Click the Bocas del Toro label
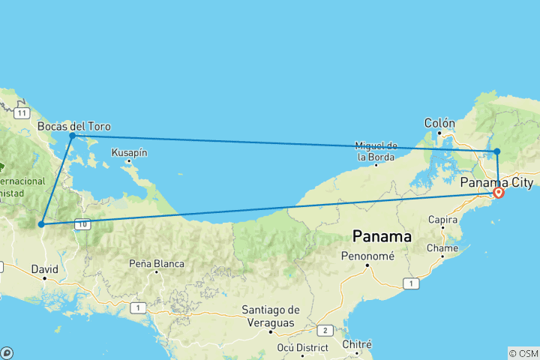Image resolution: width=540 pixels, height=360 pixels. [73, 126]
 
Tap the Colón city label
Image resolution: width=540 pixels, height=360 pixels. [439, 122]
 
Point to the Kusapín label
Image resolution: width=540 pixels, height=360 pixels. [129, 152]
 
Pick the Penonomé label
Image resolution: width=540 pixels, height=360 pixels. [364, 256]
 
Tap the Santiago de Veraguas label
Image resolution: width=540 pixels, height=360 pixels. [271, 315]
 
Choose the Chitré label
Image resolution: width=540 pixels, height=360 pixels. [357, 344]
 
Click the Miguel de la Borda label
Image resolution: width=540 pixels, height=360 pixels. [376, 151]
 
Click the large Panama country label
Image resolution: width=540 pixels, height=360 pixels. [382, 236]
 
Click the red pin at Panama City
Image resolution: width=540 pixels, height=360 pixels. [498, 193]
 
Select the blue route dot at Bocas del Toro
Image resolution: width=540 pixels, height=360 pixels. [72, 136]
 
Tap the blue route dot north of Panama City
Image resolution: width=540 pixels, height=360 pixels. [496, 151]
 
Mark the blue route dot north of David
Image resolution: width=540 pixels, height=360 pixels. [41, 224]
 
